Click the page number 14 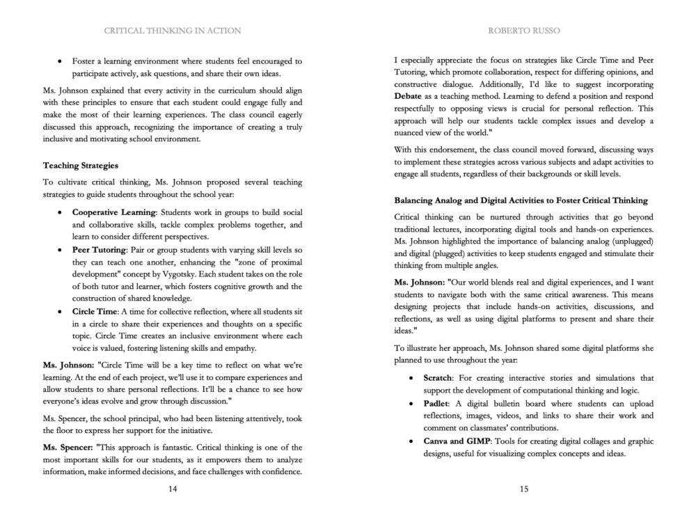pos(173,489)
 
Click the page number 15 pos(524,489)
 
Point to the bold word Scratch pos(438,378)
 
